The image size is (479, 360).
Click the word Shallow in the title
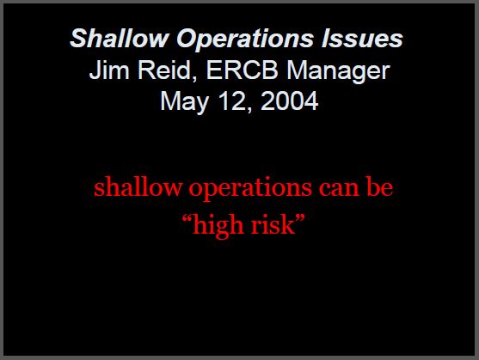(120, 38)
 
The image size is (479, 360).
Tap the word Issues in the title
(362, 38)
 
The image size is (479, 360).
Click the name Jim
(109, 70)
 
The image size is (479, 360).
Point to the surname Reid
(164, 70)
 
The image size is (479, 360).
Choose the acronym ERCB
(243, 70)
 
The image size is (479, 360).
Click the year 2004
(290, 101)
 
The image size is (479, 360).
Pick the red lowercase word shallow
(138, 186)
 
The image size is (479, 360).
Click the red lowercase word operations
(250, 188)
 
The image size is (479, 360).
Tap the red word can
(339, 189)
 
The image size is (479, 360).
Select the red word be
(379, 186)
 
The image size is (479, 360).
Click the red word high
(218, 226)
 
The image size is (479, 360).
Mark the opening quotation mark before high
(187, 218)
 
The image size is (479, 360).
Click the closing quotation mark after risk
(300, 218)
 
